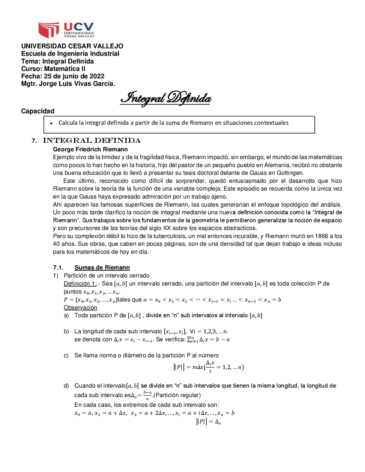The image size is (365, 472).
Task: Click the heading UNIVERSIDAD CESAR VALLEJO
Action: (x=72, y=46)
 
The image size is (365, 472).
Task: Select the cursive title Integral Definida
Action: (x=165, y=98)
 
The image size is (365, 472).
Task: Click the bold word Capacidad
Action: (x=38, y=111)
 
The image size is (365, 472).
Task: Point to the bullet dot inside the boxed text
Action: (x=51, y=123)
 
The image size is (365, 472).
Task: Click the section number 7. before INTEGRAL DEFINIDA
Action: (x=34, y=141)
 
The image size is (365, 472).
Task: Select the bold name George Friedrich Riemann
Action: (x=90, y=149)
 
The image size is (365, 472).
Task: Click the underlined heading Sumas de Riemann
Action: (x=102, y=267)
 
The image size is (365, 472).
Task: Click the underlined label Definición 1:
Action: (x=80, y=284)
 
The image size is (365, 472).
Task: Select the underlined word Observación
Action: (x=80, y=308)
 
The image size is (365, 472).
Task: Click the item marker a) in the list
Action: (x=66, y=316)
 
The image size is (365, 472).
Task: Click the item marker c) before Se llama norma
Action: (x=66, y=355)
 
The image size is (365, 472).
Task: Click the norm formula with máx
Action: (x=209, y=367)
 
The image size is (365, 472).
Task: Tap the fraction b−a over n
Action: (x=147, y=395)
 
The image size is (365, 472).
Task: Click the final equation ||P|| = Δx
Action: (x=209, y=422)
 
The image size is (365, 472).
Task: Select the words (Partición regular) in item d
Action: (x=177, y=395)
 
